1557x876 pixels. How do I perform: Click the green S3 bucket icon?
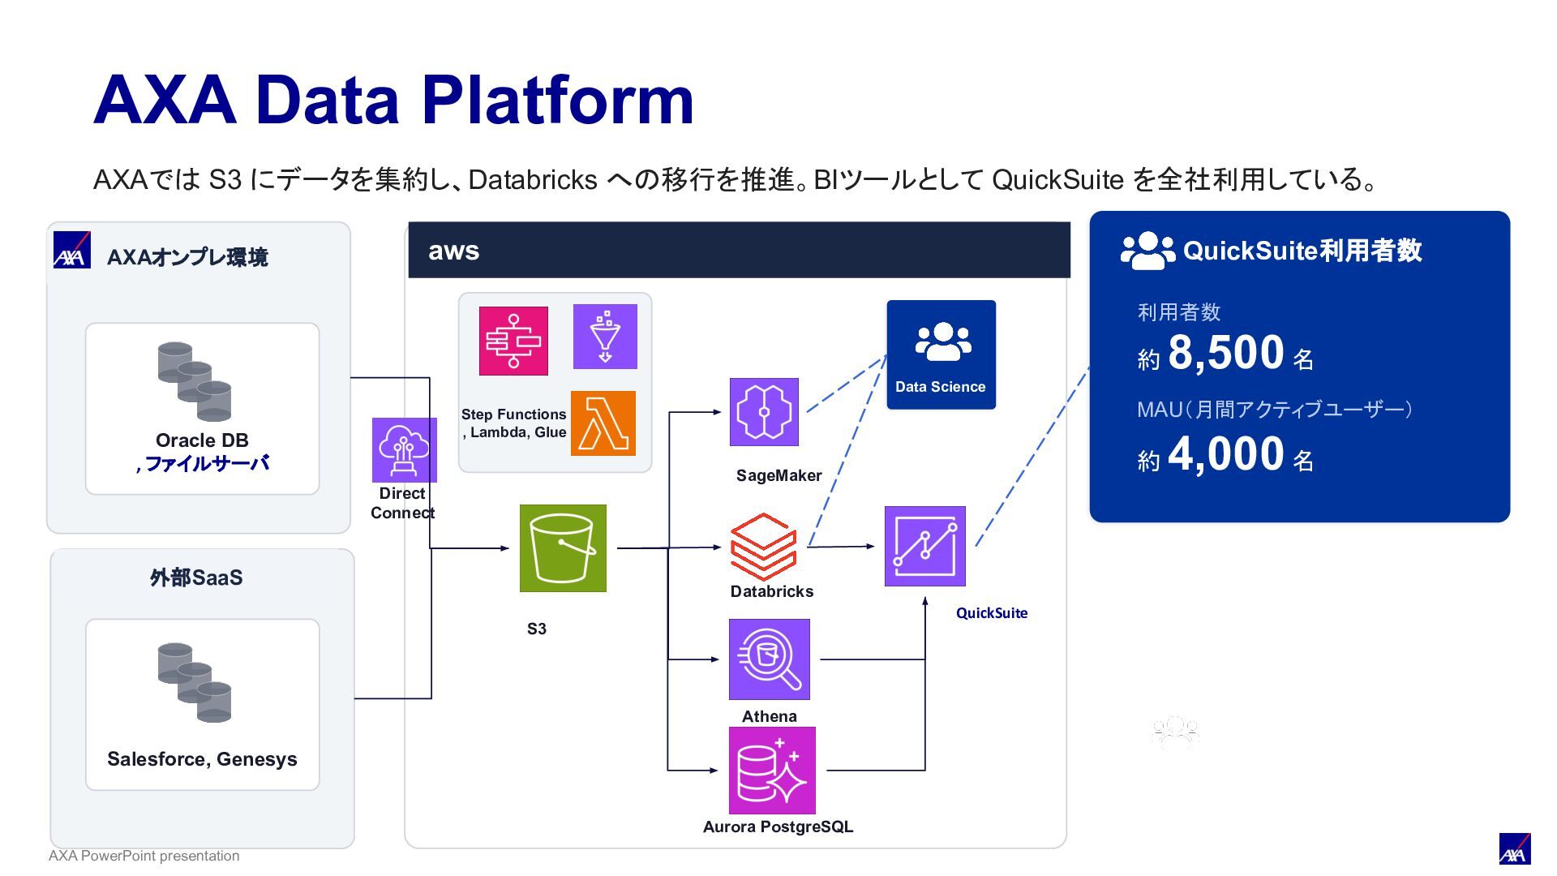click(x=563, y=548)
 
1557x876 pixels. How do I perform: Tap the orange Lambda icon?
click(x=603, y=423)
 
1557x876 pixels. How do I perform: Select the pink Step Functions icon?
click(x=513, y=341)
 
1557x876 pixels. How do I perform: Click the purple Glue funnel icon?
click(x=605, y=337)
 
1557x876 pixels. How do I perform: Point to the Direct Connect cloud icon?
click(x=404, y=450)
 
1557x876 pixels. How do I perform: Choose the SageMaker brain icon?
click(x=764, y=412)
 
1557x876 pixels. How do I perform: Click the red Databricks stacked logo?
click(x=763, y=546)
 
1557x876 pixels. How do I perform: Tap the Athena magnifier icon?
click(x=770, y=659)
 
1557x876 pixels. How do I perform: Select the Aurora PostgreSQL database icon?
click(x=772, y=771)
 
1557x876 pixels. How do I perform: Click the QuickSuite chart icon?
click(x=925, y=546)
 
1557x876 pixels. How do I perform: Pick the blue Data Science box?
click(x=941, y=354)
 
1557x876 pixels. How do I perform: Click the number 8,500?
click(x=1226, y=353)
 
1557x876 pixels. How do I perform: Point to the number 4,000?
click(x=1226, y=454)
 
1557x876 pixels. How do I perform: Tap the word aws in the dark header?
click(x=454, y=251)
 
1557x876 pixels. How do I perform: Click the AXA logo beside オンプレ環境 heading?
click(x=72, y=250)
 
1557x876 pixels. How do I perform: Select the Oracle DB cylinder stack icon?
click(x=195, y=381)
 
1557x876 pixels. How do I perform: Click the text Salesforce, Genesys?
click(x=202, y=759)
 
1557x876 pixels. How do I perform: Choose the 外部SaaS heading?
click(x=196, y=578)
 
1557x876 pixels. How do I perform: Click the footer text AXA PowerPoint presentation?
click(x=144, y=856)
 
